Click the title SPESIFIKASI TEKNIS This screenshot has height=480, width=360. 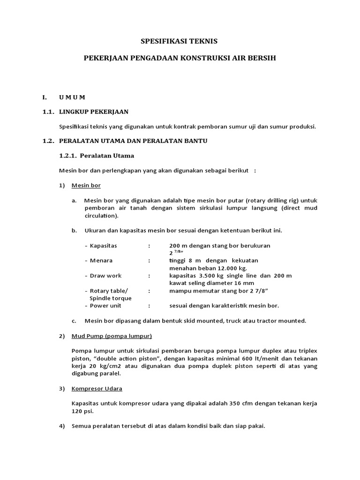(180, 41)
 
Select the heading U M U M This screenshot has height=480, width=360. (72, 97)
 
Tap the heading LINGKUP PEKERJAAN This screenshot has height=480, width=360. (93, 112)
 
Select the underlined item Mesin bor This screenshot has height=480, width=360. (86, 185)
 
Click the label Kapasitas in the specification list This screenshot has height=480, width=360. (103, 245)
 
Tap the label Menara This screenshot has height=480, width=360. (101, 260)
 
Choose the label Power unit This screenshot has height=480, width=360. (105, 306)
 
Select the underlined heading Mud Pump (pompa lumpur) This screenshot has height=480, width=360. (112, 336)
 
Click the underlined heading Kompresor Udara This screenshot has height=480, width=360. (97, 389)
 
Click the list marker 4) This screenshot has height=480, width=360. (62, 426)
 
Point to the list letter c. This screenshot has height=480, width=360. (74, 321)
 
